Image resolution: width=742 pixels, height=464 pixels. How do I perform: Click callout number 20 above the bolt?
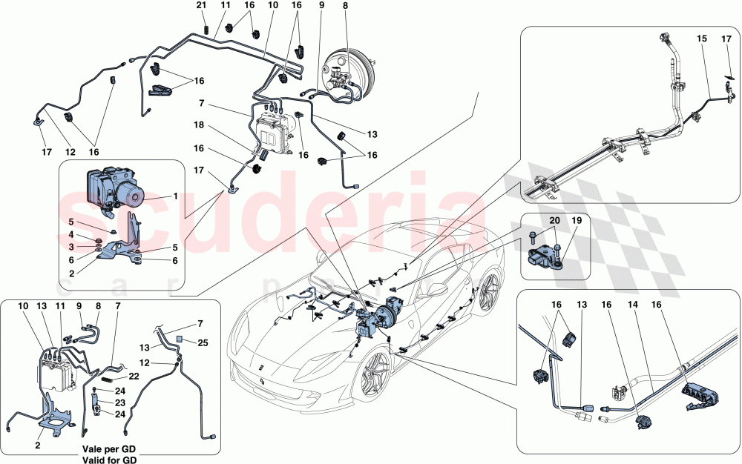point(554,220)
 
